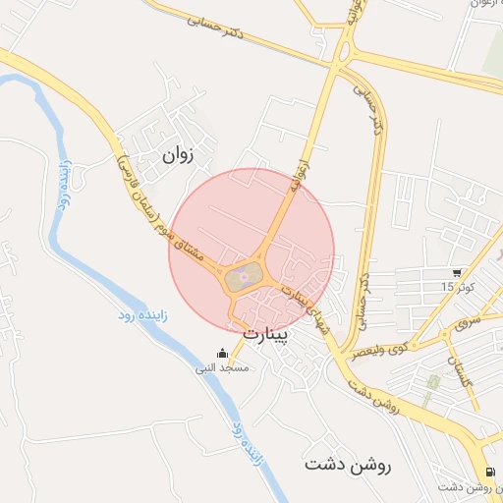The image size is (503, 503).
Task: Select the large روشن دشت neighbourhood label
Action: click(347, 465)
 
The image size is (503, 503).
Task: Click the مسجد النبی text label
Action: click(223, 368)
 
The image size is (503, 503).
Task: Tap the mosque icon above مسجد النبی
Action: click(223, 354)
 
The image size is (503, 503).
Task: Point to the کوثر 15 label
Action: click(457, 286)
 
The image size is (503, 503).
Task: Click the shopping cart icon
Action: click(458, 272)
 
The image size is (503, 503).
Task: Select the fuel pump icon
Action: click(490, 473)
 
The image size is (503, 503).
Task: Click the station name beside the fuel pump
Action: click(464, 488)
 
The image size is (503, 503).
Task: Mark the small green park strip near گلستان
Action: click(429, 388)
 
